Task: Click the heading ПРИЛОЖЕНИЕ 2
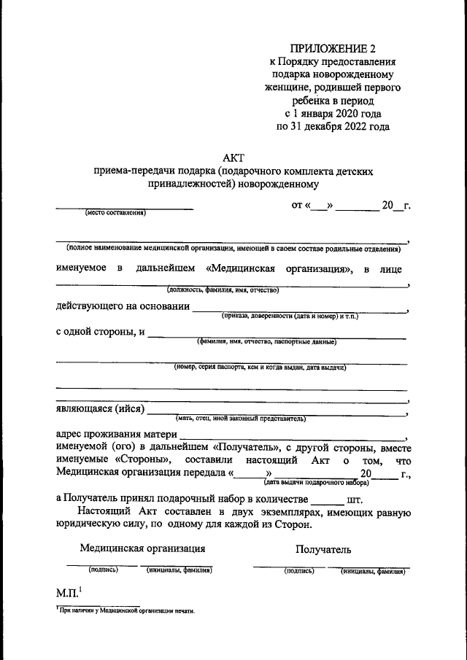tap(332, 49)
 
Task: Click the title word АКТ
tap(233, 157)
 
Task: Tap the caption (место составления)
tap(115, 213)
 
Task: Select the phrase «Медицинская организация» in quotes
tap(277, 268)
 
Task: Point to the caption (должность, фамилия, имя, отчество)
tap(223, 290)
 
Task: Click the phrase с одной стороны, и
tap(101, 333)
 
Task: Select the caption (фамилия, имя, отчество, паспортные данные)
tap(266, 341)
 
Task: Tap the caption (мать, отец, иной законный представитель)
tap(240, 419)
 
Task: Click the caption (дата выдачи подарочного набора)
tap(317, 482)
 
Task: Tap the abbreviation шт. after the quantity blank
tap(355, 500)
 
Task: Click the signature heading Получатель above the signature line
tap(323, 549)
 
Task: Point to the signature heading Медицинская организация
tap(142, 548)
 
